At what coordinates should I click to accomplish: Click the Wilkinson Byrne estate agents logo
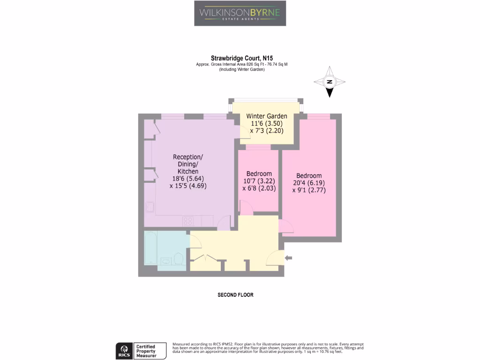pos(240,13)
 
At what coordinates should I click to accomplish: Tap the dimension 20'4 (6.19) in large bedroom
pos(308,183)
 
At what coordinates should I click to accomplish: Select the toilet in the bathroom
pos(178,258)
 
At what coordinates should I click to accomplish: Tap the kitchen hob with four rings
pos(189,220)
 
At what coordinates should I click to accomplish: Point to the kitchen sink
pos(150,207)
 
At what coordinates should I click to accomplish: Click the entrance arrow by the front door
pos(289,257)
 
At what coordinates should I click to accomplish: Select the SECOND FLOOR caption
pos(235,295)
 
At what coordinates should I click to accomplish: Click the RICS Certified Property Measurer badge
pos(141,351)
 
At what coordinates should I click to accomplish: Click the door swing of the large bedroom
pos(286,227)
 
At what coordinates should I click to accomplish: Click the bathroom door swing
pos(195,241)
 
